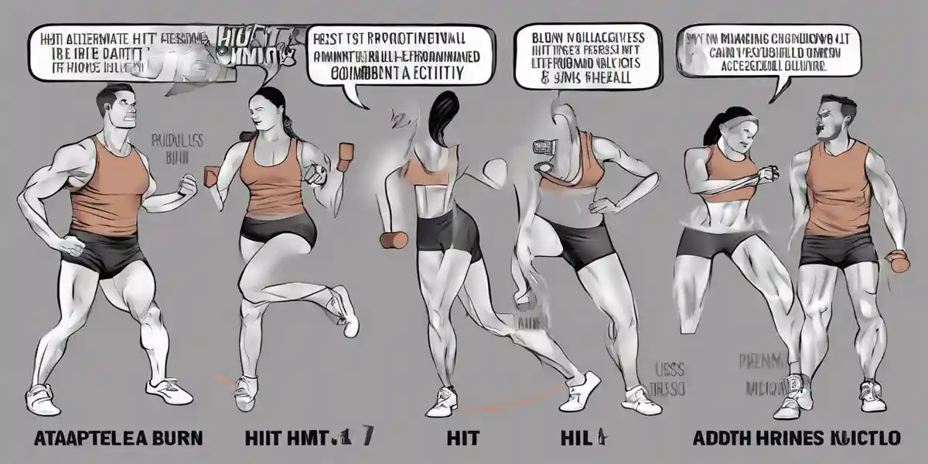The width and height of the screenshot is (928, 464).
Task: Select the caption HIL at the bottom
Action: pos(575,438)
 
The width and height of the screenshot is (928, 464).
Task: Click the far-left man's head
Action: pos(119,111)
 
